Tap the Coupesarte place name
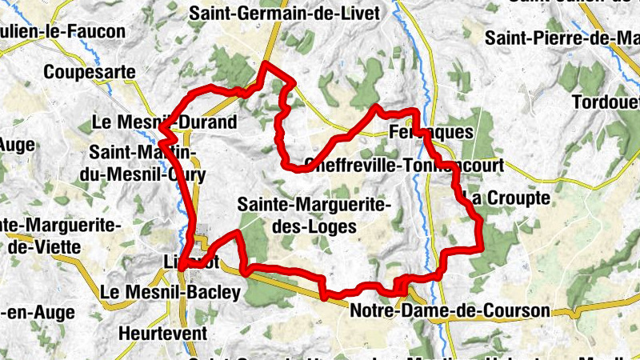click(x=90, y=72)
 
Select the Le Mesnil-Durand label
click(x=165, y=122)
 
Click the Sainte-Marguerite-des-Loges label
click(x=314, y=216)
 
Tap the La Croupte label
click(x=507, y=197)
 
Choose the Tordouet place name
click(x=606, y=102)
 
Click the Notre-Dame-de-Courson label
click(x=450, y=310)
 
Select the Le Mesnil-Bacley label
click(x=170, y=293)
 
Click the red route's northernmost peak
click(x=266, y=63)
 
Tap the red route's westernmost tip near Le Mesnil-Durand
click(x=161, y=128)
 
